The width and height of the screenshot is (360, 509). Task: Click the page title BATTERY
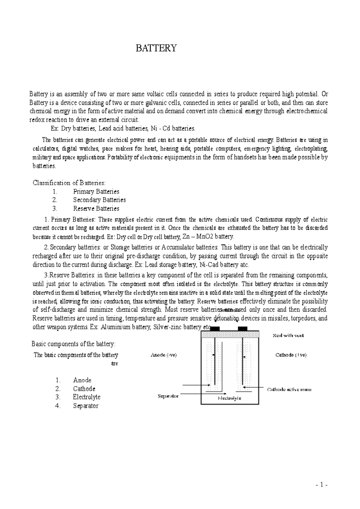[156, 48]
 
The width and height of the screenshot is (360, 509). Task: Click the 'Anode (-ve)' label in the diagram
[163, 355]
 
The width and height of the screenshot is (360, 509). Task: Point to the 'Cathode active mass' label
[289, 389]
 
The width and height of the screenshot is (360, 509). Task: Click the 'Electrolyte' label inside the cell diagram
[229, 398]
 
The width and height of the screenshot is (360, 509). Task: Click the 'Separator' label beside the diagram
[168, 396]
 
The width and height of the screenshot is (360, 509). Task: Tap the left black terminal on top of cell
[215, 329]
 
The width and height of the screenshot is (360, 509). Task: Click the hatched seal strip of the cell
[229, 334]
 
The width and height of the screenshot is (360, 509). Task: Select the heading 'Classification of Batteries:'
[69, 183]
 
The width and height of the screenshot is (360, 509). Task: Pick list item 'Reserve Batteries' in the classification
[96, 209]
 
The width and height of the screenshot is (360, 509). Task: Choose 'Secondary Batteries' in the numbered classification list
[99, 200]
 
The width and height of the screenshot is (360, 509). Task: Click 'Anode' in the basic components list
[82, 380]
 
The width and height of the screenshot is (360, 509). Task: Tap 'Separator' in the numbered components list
[85, 406]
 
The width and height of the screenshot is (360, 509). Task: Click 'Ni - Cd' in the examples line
[162, 129]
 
